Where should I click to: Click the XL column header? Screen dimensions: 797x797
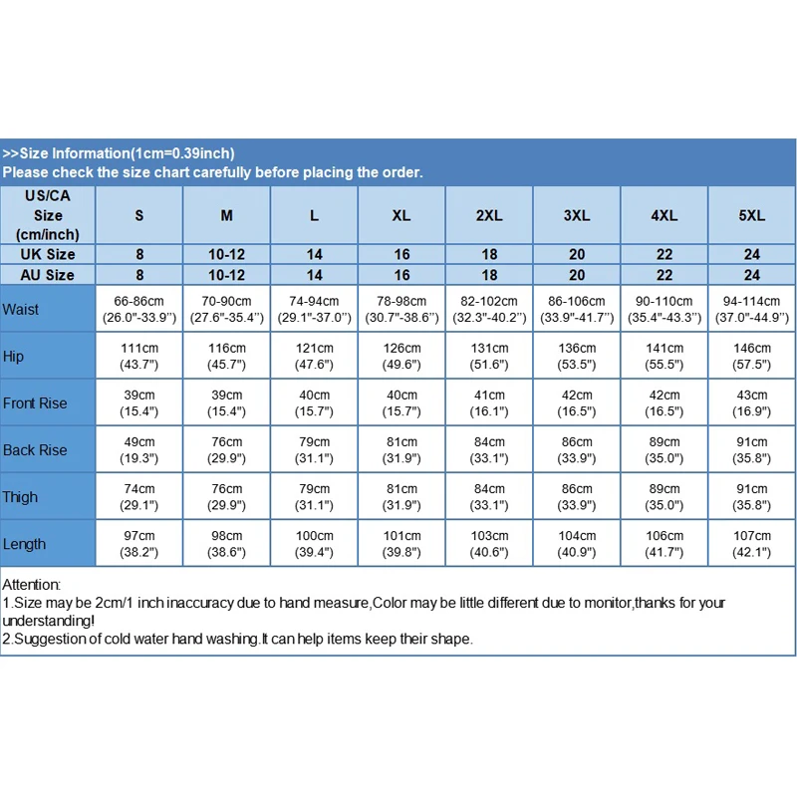401,215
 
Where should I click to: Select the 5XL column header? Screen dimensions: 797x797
752,215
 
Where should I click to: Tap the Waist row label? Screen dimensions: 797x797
21,309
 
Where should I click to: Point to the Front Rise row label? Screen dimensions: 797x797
35,402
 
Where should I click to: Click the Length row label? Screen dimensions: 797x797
24,544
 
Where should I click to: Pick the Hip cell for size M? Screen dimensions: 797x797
226,356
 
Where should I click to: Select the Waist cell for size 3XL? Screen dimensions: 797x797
577,309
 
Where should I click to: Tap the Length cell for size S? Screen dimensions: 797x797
139,544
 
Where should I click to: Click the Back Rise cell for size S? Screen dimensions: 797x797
139,449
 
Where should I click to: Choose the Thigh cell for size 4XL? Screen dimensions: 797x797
664,496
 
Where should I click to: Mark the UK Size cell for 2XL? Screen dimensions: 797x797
489,255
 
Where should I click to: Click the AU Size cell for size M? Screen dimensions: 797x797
226,275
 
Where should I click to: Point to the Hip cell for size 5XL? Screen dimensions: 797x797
752,356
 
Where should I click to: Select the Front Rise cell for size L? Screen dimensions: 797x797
314,402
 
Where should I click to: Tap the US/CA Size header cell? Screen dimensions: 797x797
48,215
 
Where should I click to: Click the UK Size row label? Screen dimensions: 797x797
48,255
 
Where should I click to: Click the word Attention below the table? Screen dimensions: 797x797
31,585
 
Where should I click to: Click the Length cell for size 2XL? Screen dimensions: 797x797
489,544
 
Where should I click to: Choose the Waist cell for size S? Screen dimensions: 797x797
139,309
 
